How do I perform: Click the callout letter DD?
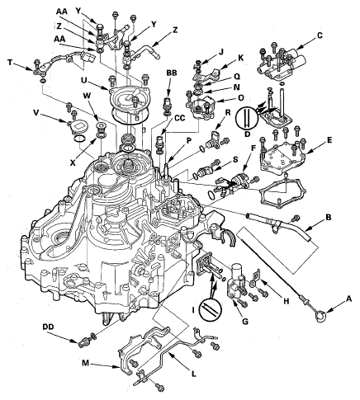coord(48,327)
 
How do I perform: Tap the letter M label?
coord(86,364)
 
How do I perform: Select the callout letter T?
coord(10,63)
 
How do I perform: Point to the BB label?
coord(171,73)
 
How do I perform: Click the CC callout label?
coord(180,117)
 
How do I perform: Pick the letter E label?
coord(329,140)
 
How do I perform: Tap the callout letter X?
coord(73,162)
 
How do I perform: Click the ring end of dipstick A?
coord(320,315)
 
